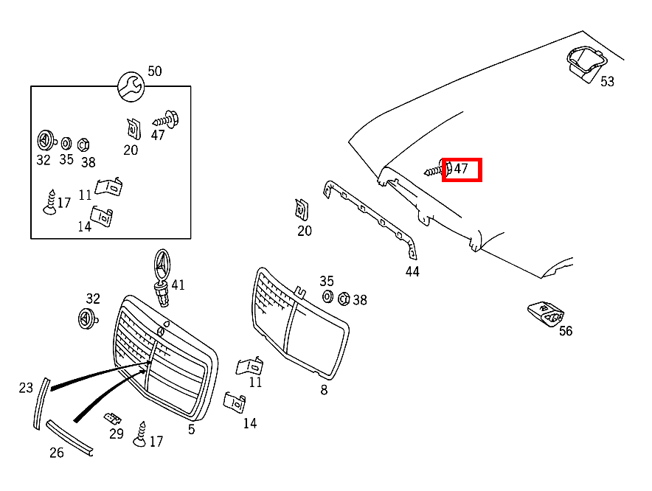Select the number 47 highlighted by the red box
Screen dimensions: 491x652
pos(461,169)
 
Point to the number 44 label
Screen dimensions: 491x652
pos(412,271)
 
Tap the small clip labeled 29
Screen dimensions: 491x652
pos(113,419)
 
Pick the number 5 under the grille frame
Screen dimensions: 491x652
pos(191,429)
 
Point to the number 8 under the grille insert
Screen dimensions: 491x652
pos(324,390)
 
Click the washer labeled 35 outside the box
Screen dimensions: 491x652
pos(327,297)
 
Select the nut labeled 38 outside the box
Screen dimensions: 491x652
pos(343,298)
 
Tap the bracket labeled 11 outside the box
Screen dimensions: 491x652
pos(250,366)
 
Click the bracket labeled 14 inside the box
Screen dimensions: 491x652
pos(102,216)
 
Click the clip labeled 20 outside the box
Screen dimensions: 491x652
pos(302,209)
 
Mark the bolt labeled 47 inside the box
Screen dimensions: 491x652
pos(167,118)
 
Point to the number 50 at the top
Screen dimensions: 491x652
pos(154,72)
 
